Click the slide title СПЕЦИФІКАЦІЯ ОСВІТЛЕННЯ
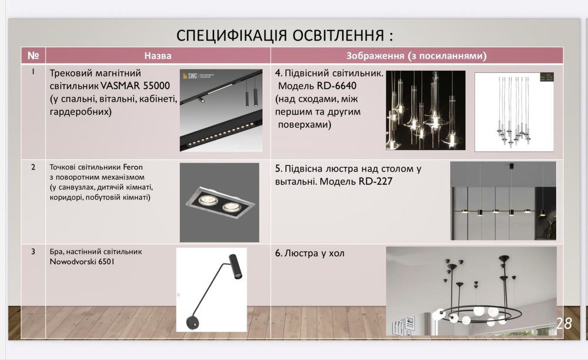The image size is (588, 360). pyautogui.click(x=285, y=35)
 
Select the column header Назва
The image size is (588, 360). pyautogui.click(x=158, y=56)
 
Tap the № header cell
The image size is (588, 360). pyautogui.click(x=33, y=56)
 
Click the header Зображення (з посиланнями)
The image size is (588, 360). pyautogui.click(x=416, y=56)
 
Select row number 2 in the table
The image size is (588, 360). pyautogui.click(x=33, y=167)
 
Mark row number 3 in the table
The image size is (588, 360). pyautogui.click(x=33, y=252)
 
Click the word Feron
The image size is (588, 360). pyautogui.click(x=134, y=167)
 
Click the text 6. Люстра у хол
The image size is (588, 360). pyautogui.click(x=310, y=254)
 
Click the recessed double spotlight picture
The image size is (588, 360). pyautogui.click(x=219, y=202)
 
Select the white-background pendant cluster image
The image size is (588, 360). pyautogui.click(x=514, y=112)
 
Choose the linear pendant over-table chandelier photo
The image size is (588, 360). pyautogui.click(x=503, y=201)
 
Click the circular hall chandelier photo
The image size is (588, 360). pyautogui.click(x=471, y=291)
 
